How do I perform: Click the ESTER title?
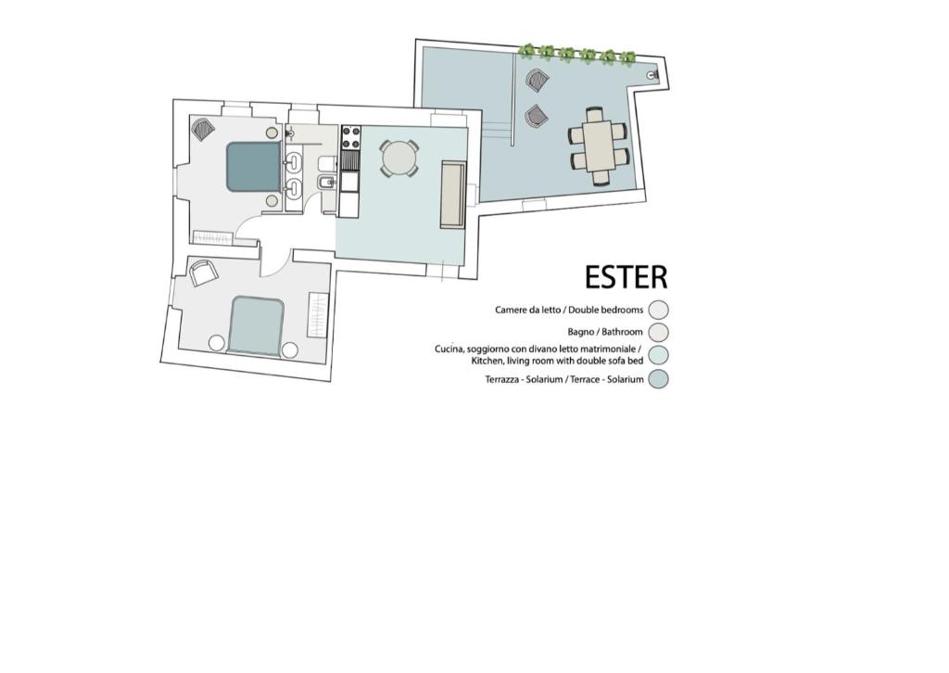point(626,276)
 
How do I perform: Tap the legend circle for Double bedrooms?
point(658,310)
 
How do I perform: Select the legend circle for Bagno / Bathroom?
point(658,332)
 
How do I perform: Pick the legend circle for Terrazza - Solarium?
point(658,379)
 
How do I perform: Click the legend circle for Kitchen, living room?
point(658,355)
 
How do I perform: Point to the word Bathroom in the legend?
point(622,332)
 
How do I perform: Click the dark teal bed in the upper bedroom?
point(254,167)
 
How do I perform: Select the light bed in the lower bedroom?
point(258,325)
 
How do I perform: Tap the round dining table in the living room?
point(399,158)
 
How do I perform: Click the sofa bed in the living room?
point(452,195)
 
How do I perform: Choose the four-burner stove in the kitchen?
point(351,138)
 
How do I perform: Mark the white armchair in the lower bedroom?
point(203,273)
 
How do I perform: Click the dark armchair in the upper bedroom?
point(203,129)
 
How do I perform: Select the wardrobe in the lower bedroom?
point(319,315)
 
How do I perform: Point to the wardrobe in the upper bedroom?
point(212,238)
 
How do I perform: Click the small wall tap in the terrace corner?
point(652,75)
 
